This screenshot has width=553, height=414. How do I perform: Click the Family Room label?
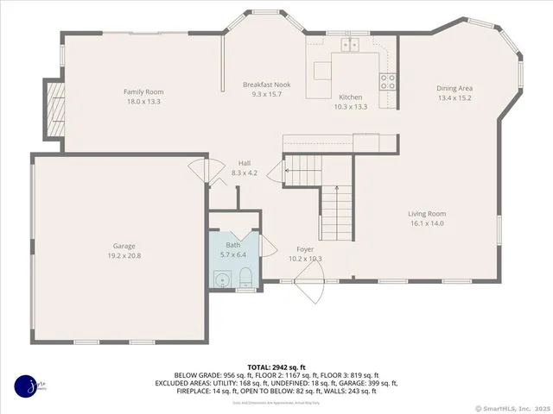[x=143, y=92]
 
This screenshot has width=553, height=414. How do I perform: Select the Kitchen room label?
[x=350, y=97]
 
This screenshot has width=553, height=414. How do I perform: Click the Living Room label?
[x=427, y=214]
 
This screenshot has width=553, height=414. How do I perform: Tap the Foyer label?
[x=305, y=249]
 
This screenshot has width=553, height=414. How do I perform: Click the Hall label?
[x=245, y=163]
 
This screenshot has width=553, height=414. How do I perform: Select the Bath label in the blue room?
[x=233, y=246]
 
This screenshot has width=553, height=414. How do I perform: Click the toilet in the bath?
[x=245, y=276]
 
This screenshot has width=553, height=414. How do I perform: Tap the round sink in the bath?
[x=222, y=279]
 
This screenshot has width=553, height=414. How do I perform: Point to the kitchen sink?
[x=350, y=43]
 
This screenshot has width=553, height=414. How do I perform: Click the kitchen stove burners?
[x=389, y=81]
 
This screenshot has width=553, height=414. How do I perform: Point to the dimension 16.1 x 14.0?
[x=427, y=224]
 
